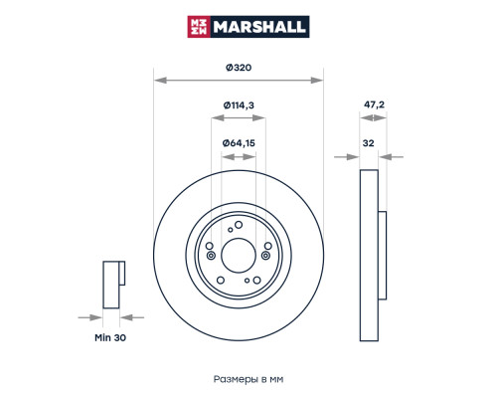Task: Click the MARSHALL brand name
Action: pos(259,27)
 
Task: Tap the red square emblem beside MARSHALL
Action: pos(199,27)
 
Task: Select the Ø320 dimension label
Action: pos(239,68)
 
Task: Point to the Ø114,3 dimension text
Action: pos(239,105)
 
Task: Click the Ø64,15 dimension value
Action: pos(239,143)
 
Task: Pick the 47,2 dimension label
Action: pos(374,104)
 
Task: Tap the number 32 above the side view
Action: pos(368,143)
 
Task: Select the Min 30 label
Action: pos(110,337)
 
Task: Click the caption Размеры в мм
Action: pos(248,379)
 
